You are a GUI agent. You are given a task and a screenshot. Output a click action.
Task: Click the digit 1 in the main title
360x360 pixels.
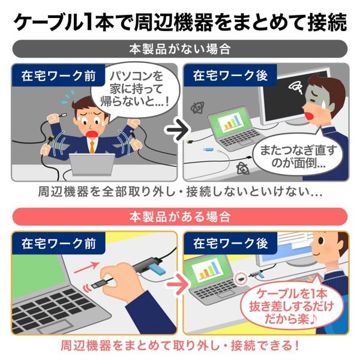(x=91, y=22)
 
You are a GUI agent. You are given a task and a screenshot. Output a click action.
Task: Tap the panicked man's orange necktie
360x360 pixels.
(x=92, y=144)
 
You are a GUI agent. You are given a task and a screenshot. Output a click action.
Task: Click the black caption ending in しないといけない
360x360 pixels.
(x=179, y=194)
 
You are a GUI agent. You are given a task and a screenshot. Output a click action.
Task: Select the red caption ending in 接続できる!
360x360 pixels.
(x=179, y=347)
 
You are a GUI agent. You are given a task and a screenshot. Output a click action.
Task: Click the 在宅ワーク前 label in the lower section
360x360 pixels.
(x=50, y=244)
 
